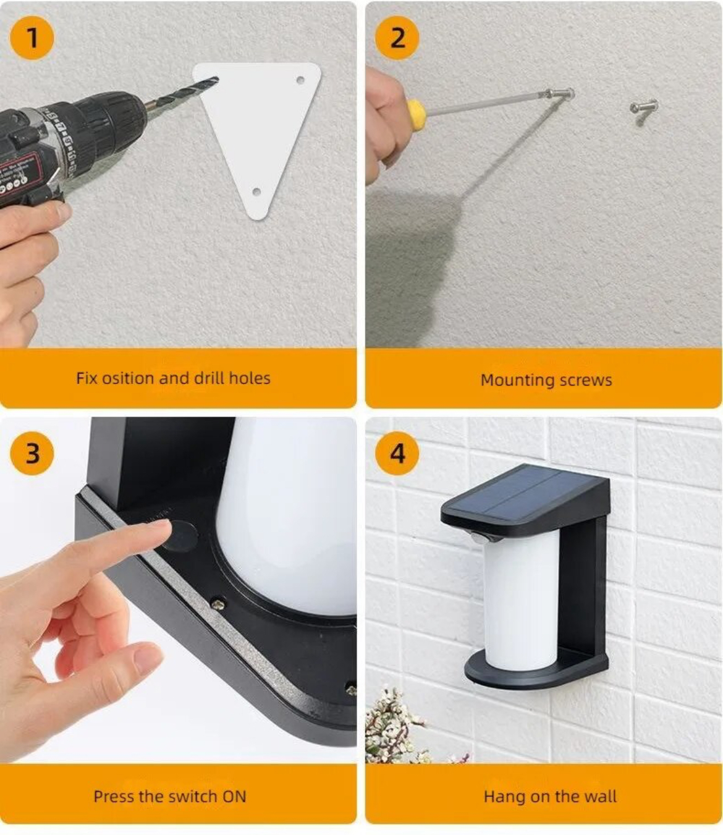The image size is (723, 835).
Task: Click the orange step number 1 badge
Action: [32, 38]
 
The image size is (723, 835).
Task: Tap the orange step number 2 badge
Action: [397, 38]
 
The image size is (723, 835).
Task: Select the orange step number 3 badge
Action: [32, 453]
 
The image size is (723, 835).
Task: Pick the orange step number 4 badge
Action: [397, 453]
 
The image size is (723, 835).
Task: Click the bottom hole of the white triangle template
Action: [256, 191]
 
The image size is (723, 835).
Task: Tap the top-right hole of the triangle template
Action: [300, 80]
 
